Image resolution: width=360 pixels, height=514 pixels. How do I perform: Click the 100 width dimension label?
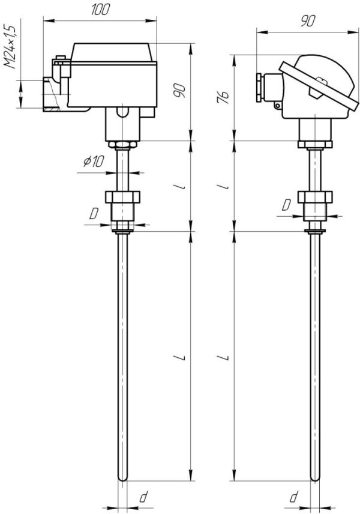100,10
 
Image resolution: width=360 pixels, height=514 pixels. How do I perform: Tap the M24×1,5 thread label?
10,46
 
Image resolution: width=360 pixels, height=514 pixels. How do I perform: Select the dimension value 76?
223,97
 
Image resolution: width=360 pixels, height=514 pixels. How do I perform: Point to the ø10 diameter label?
94,162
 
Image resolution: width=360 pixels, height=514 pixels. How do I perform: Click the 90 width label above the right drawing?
307,21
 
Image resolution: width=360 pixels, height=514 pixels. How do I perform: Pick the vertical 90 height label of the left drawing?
179,91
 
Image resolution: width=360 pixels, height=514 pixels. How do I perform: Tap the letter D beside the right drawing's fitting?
286,205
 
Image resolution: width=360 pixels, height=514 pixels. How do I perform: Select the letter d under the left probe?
143,497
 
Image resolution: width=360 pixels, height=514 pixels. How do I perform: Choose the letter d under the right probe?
294,497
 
